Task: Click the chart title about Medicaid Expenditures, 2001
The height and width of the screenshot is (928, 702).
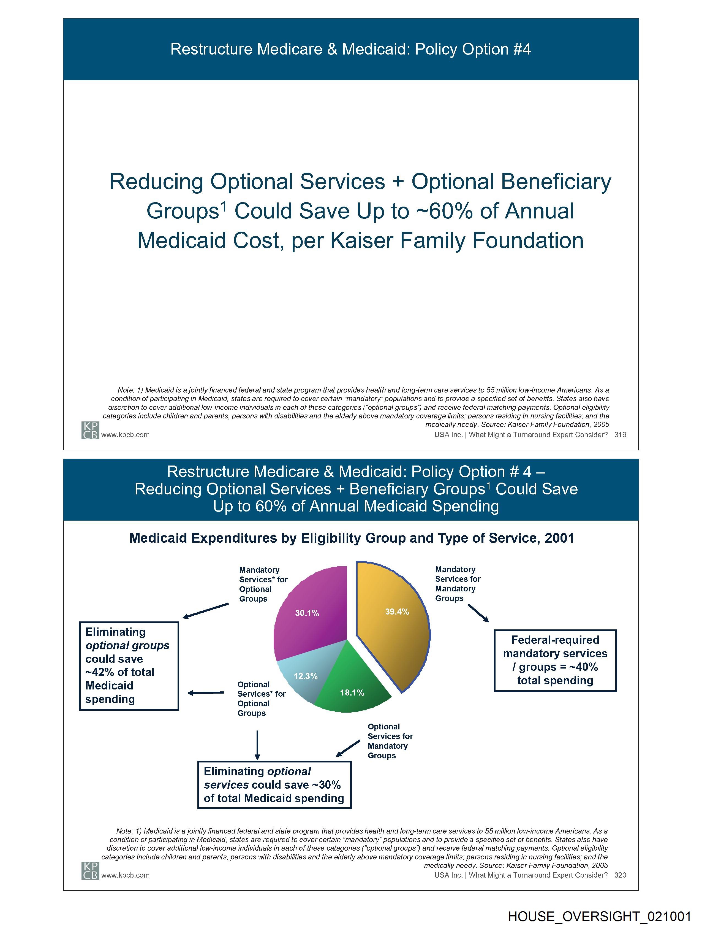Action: point(352,538)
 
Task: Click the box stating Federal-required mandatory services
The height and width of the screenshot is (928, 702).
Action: point(555,660)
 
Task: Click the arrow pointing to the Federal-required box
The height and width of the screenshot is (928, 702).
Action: point(478,613)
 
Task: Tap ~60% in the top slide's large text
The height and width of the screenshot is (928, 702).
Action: point(445,211)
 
